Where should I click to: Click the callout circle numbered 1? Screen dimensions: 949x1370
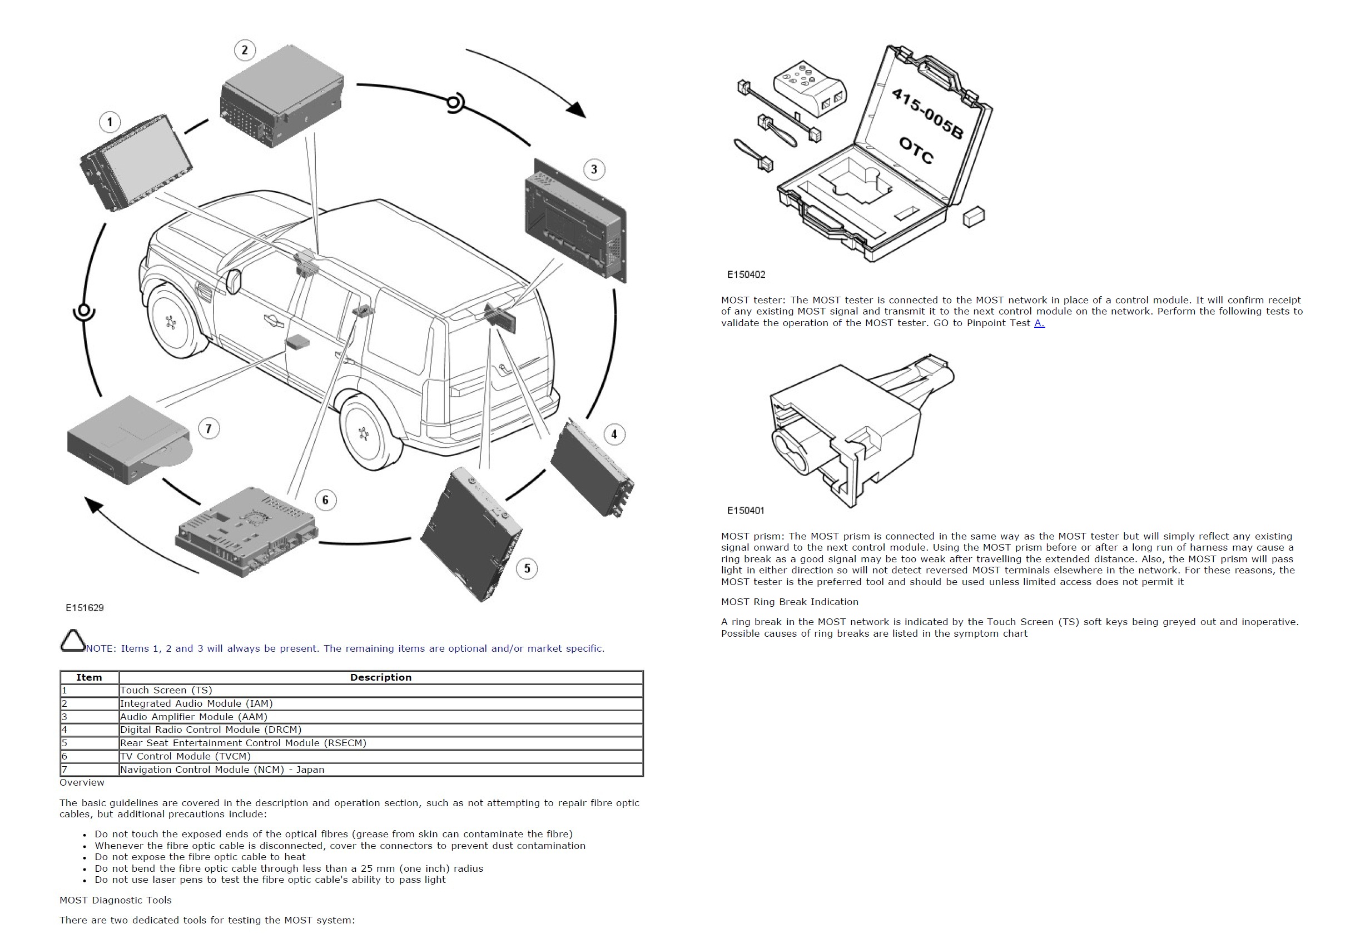[x=110, y=122]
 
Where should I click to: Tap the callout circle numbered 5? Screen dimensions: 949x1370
[x=527, y=568]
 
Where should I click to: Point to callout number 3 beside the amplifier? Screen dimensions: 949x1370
[x=594, y=169]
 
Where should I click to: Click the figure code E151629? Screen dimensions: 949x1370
[x=85, y=608]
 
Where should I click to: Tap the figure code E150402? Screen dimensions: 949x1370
[x=746, y=274]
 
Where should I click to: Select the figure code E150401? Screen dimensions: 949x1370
[x=746, y=510]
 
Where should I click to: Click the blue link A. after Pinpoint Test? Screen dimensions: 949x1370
[x=1039, y=323]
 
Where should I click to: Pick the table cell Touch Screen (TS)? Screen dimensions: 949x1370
[x=166, y=690]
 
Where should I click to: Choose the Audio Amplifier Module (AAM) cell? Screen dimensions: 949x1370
[x=193, y=717]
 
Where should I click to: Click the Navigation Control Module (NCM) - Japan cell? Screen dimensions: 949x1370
[x=222, y=770]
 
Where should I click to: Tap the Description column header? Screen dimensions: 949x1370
[x=381, y=677]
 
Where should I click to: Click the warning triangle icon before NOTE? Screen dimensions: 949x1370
[x=73, y=641]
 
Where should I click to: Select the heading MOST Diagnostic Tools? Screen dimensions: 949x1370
[x=116, y=900]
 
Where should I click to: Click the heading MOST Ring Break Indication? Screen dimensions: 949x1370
[x=790, y=602]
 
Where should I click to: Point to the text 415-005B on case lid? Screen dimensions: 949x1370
[x=926, y=113]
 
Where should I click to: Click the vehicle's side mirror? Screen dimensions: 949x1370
[x=233, y=281]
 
